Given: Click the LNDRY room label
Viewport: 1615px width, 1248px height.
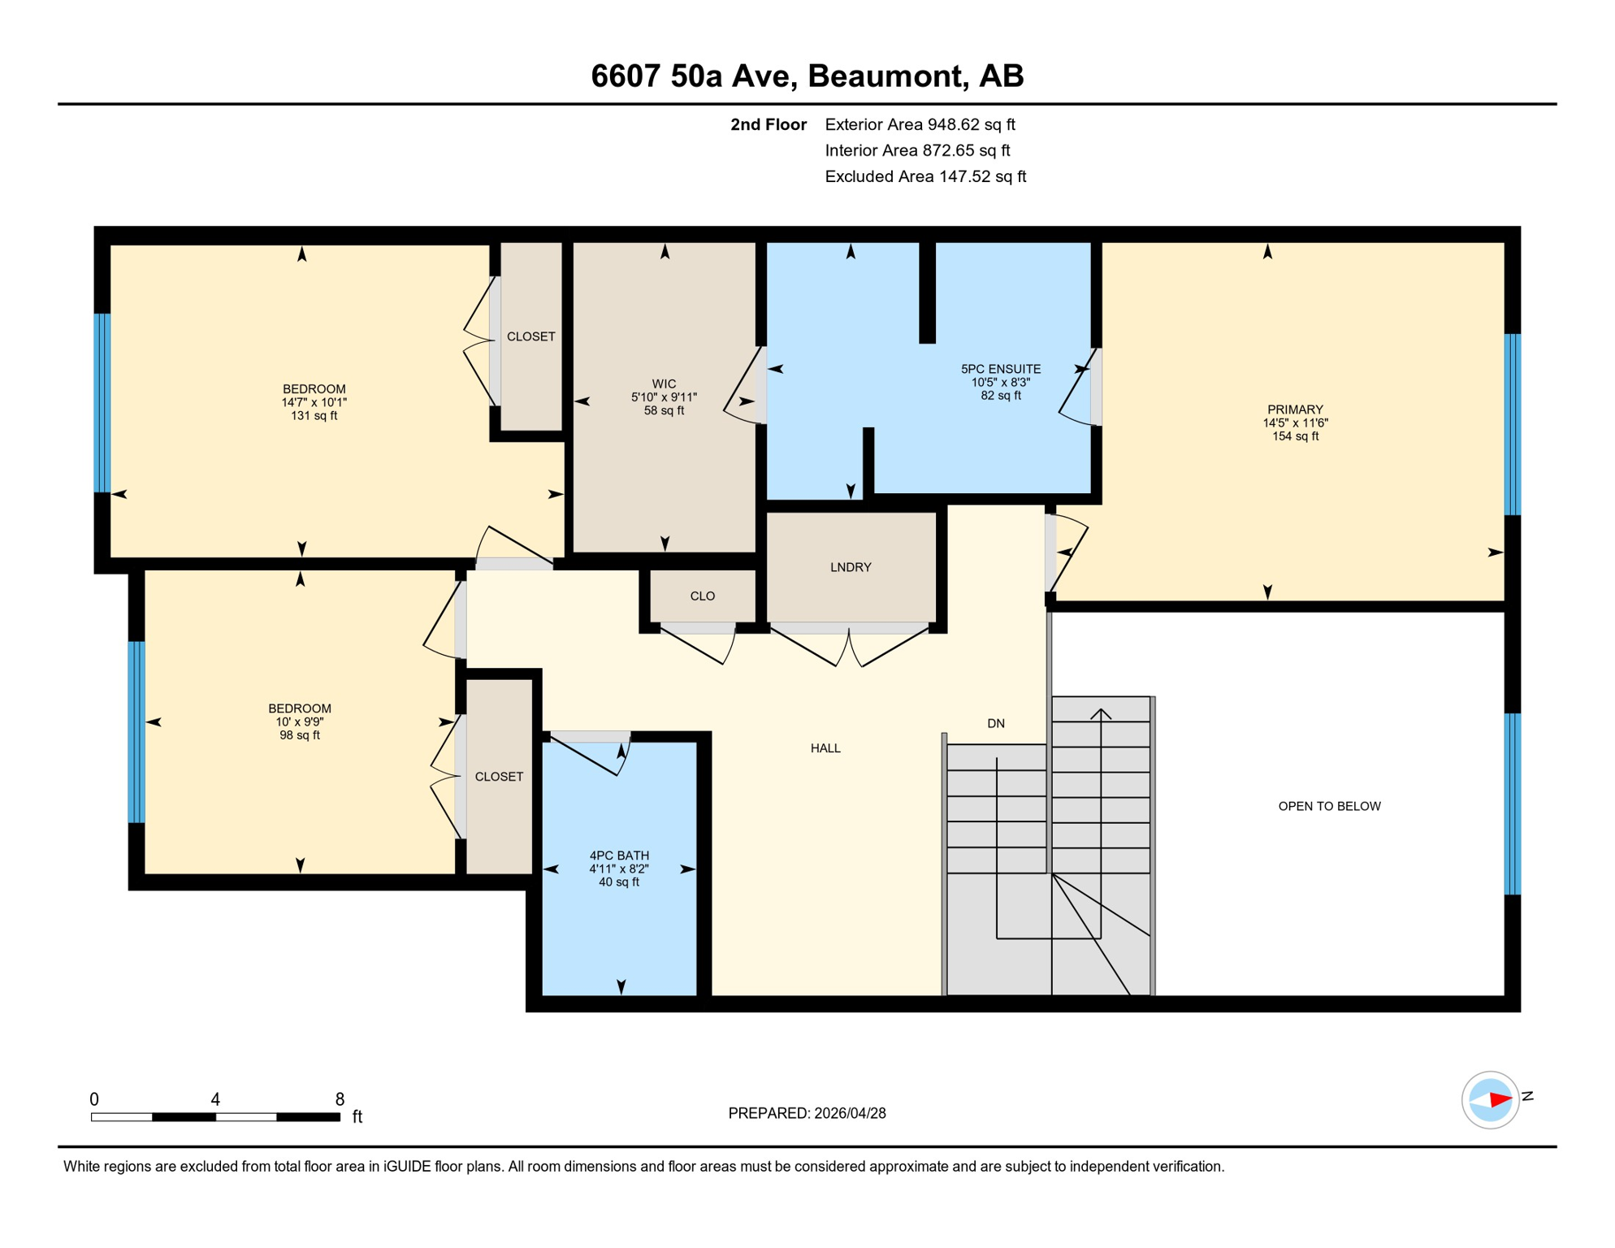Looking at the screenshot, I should pos(851,567).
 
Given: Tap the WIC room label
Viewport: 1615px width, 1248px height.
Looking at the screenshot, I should pos(664,383).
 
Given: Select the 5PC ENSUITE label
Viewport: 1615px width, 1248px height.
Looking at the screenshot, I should pos(1000,369).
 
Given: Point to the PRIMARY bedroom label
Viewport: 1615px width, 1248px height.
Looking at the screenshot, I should pos(1295,409).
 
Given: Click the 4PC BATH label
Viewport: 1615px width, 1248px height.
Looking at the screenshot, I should pos(619,856).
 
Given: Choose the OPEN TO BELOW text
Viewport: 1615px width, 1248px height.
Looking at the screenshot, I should pos(1329,806).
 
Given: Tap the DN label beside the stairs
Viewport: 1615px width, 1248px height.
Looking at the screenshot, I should pos(996,723).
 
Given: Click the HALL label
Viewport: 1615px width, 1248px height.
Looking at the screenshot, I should pos(825,748).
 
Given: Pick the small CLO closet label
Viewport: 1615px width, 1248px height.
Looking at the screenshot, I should pos(703,596).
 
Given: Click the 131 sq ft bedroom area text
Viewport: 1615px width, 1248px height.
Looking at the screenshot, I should pos(314,416).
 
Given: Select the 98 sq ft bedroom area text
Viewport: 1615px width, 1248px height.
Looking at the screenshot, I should pos(300,735).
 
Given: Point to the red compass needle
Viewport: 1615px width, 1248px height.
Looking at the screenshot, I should pos(1500,1100).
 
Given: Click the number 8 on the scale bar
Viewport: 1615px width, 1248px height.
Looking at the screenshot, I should pos(340,1099).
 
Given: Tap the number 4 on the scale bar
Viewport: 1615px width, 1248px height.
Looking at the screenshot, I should pos(215,1099).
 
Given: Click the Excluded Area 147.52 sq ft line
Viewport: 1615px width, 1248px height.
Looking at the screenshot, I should pos(925,176).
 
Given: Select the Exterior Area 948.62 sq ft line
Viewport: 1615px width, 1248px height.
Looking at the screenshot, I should pos(920,124).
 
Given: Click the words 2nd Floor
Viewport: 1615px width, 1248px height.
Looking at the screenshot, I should pos(768,124).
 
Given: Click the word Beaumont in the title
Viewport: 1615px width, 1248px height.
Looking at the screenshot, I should pos(886,76).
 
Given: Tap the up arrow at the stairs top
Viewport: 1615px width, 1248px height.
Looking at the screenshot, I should pos(1101,713).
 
